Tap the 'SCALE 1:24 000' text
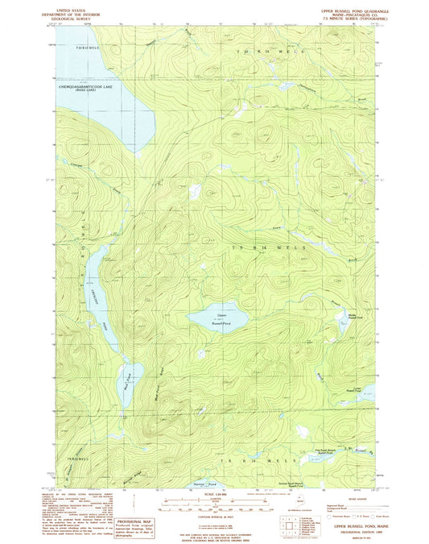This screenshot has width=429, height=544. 215,494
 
